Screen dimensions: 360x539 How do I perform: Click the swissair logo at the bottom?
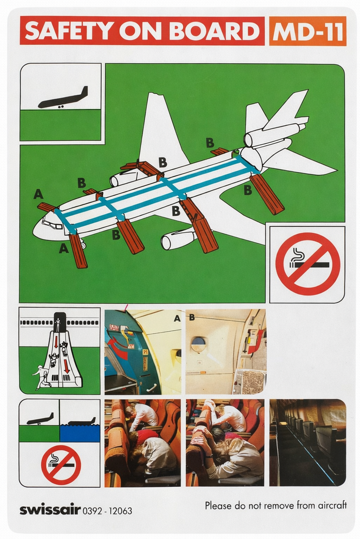(50, 510)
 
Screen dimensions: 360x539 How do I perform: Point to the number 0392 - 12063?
(107, 511)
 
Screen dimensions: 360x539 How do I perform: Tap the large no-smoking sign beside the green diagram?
(307, 264)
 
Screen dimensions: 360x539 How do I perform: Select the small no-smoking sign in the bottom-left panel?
(61, 465)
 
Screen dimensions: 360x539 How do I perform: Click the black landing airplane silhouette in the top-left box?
(63, 98)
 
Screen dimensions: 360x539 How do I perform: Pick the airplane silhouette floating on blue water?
(82, 422)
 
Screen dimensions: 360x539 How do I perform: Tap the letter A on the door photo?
(177, 318)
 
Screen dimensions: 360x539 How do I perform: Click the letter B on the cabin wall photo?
(192, 317)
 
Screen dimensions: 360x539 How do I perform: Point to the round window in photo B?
(199, 344)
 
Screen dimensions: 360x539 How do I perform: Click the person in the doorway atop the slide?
(58, 325)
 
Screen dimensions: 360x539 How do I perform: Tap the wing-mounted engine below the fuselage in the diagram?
(177, 239)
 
